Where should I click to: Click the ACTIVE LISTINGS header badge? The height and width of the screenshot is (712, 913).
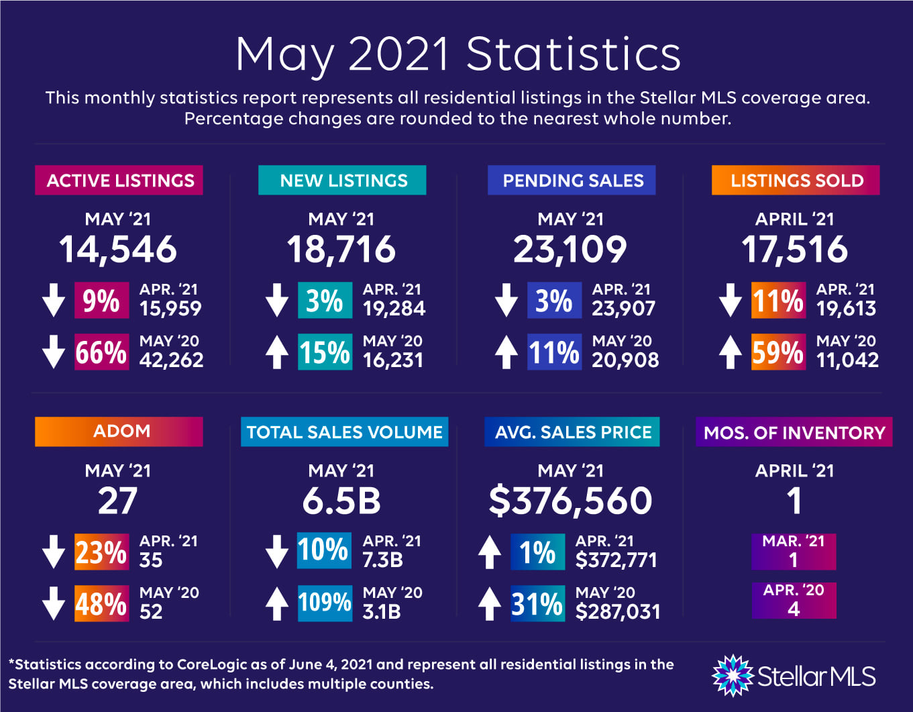tap(119, 181)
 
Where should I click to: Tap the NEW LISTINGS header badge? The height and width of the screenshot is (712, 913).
tap(342, 181)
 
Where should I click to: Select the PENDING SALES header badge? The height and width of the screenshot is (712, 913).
tap(572, 181)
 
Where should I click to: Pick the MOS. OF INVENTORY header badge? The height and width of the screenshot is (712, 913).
tap(794, 432)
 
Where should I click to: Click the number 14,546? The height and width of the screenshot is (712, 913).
tap(118, 250)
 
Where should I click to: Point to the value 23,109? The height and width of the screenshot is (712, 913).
tap(570, 250)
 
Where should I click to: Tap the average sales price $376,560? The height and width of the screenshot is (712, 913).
tap(570, 501)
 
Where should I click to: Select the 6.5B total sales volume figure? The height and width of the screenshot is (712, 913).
tap(341, 501)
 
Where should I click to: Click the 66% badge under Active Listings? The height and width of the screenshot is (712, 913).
tap(101, 352)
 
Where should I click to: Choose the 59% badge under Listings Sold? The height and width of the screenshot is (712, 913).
tap(778, 352)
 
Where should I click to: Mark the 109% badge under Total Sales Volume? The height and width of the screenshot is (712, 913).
tap(325, 603)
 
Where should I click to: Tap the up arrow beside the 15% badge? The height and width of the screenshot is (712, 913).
tap(277, 352)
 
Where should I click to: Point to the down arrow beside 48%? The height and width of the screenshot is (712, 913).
tap(54, 603)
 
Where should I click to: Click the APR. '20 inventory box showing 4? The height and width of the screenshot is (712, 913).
tap(794, 600)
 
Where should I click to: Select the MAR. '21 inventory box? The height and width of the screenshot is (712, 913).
tap(794, 551)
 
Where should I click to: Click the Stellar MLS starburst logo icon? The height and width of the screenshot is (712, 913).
tap(732, 675)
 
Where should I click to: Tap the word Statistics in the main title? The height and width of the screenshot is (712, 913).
tap(574, 54)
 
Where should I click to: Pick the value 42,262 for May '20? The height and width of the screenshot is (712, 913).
tap(171, 360)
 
